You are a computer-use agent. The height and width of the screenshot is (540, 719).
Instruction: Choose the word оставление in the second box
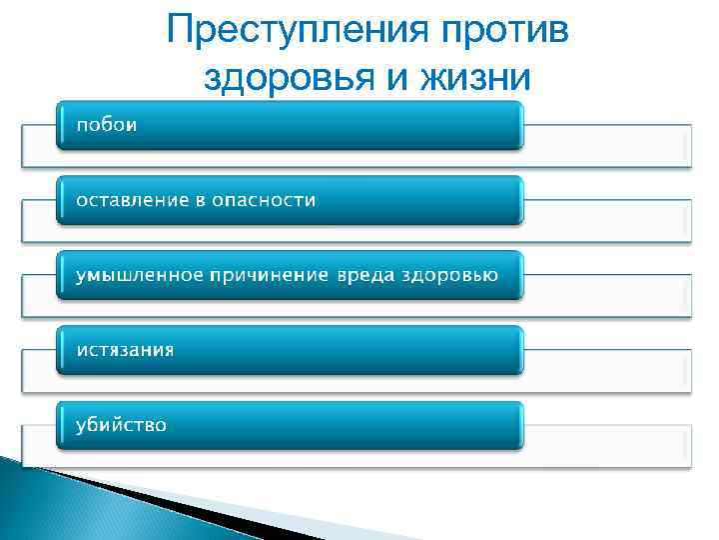[x=133, y=200]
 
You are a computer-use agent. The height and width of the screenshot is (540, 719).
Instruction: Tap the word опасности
[x=264, y=200]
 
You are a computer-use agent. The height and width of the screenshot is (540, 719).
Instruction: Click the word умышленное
[x=138, y=275]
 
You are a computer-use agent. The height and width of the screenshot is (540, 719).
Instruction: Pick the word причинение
[x=267, y=275]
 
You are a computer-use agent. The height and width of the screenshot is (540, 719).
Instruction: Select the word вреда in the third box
[x=365, y=275]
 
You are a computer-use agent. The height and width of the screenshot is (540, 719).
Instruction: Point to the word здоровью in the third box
[x=450, y=275]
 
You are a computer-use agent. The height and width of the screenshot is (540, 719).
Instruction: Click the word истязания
[x=125, y=350]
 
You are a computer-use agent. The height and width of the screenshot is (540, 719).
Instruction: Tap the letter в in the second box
[x=200, y=201]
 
